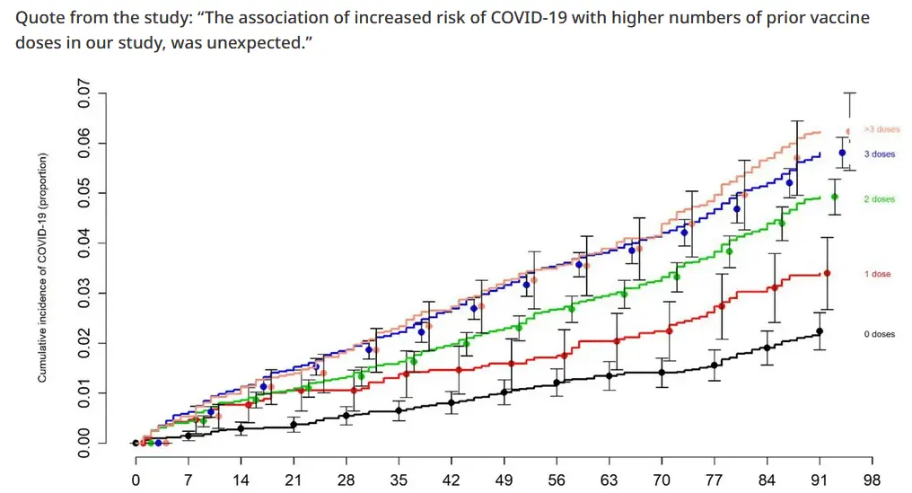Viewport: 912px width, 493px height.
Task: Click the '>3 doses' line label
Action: (881, 129)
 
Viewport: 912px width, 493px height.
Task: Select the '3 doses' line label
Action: (880, 154)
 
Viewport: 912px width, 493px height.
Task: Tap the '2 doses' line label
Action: (880, 199)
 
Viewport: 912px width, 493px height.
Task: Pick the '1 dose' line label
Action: (878, 274)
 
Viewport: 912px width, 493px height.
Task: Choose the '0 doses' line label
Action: (880, 334)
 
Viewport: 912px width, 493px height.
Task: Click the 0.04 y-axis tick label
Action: (85, 243)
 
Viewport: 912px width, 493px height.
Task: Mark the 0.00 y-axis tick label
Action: (85, 443)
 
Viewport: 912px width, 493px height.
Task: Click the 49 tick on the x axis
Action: (504, 480)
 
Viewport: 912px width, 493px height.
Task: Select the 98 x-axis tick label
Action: (872, 480)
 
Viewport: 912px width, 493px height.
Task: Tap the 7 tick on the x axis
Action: (189, 480)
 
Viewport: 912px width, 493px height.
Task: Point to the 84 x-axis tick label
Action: (767, 480)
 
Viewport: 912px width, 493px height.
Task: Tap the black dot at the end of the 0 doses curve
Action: (820, 331)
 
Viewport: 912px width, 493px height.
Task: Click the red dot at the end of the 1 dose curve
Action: (827, 273)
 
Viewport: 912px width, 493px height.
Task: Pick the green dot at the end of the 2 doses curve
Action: (835, 197)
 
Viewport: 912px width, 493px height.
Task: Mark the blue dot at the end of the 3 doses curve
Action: (842, 153)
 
